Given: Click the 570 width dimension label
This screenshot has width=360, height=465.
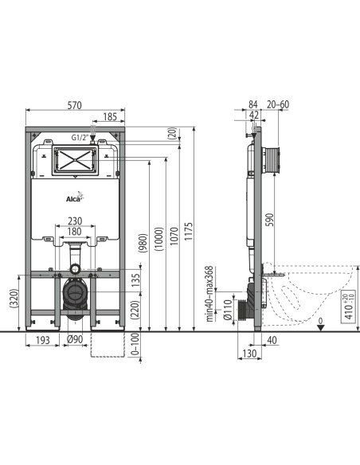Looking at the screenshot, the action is [74, 105].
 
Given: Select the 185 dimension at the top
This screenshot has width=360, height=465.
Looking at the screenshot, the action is [110, 117].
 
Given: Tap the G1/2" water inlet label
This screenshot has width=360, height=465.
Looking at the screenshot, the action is [80, 137].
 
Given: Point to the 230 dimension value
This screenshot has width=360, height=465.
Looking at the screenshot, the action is [75, 221].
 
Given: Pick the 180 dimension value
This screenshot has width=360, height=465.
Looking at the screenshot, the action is [75, 232].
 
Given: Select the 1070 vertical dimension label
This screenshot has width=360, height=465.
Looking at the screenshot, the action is [174, 236].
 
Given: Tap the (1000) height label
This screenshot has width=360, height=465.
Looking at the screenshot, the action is [159, 239].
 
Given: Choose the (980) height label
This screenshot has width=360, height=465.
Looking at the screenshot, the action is [143, 243].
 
